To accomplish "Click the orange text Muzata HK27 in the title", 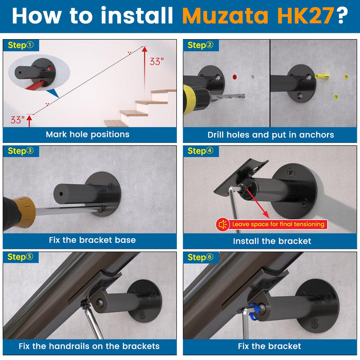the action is coord(258,15).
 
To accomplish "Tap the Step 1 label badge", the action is coord(21,45).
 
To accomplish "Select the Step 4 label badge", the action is coord(201,151).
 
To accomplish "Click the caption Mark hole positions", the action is coord(87,134).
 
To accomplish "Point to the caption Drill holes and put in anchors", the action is coord(271,135).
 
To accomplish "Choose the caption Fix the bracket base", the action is coord(92,240).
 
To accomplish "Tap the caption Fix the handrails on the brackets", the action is coord(89,346).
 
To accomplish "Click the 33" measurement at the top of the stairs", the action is coord(156,61).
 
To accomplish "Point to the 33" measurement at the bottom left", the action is coord(17,120).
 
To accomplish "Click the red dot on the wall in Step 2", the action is coord(235,77).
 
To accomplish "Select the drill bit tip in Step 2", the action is coord(243,96).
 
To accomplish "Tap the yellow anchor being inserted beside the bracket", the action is coord(321,76).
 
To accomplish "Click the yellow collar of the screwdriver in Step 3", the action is coord(26,212).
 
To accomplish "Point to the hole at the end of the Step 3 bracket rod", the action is coord(61,194).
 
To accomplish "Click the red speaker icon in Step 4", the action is coord(223,224).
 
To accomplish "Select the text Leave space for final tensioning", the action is coord(278,224).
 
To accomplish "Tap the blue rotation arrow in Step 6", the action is coord(255,311).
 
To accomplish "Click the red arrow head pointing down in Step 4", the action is coord(266,215).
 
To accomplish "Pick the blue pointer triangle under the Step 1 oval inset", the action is coord(53,94).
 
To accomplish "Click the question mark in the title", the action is coord(343,15).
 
